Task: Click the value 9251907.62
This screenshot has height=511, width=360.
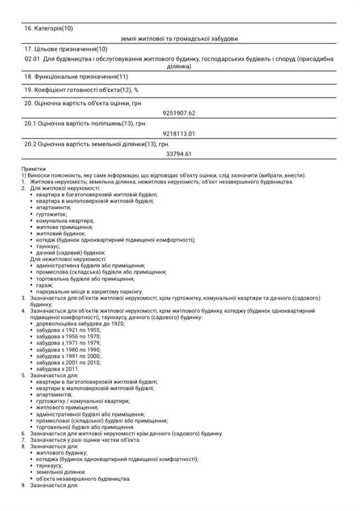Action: pyautogui.click(x=179, y=113)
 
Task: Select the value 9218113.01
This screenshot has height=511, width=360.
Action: pyautogui.click(x=179, y=133)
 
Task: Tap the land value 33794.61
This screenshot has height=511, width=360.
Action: pyautogui.click(x=179, y=154)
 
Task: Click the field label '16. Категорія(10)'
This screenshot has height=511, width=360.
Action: pyautogui.click(x=48, y=28)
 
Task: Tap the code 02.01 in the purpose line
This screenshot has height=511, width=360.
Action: pyautogui.click(x=32, y=59)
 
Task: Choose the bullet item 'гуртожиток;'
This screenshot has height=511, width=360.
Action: pyautogui.click(x=51, y=214)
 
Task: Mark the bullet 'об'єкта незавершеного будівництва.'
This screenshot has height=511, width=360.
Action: pyautogui.click(x=83, y=479)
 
